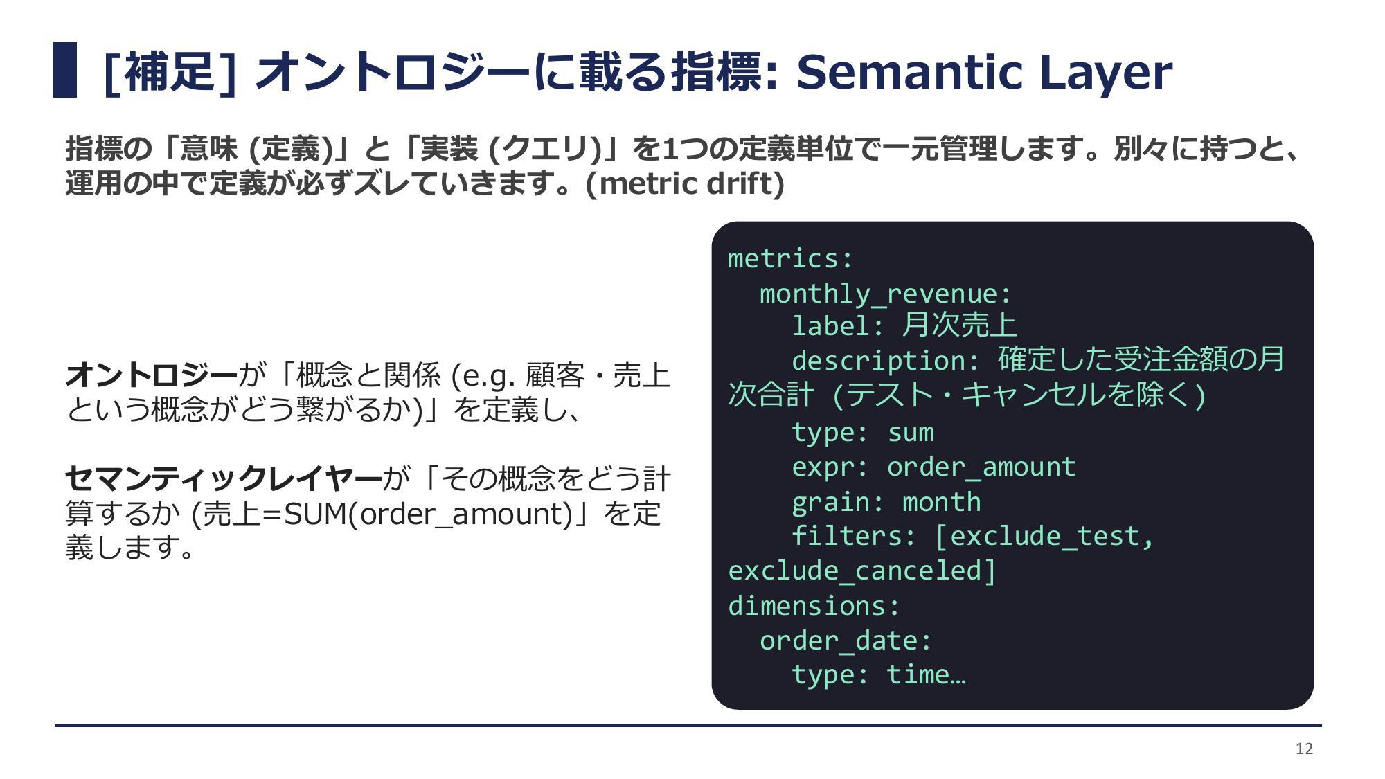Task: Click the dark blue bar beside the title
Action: pyautogui.click(x=65, y=70)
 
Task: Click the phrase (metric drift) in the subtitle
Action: pyautogui.click(x=685, y=183)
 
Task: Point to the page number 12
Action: pyautogui.click(x=1304, y=749)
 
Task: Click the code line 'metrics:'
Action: pyautogui.click(x=791, y=258)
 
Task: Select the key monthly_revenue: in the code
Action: pyautogui.click(x=886, y=294)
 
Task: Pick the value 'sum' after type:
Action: pyautogui.click(x=911, y=433)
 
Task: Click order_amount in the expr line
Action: pyautogui.click(x=981, y=467)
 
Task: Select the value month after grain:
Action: pyautogui.click(x=942, y=501)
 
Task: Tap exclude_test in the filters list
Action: pyautogui.click(x=1044, y=537)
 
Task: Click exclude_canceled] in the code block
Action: pyautogui.click(x=862, y=571)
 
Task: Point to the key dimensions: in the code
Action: pyautogui.click(x=814, y=606)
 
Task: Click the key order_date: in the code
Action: pyautogui.click(x=846, y=641)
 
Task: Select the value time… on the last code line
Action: pyautogui.click(x=927, y=674)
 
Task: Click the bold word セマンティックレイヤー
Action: pyautogui.click(x=224, y=478)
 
